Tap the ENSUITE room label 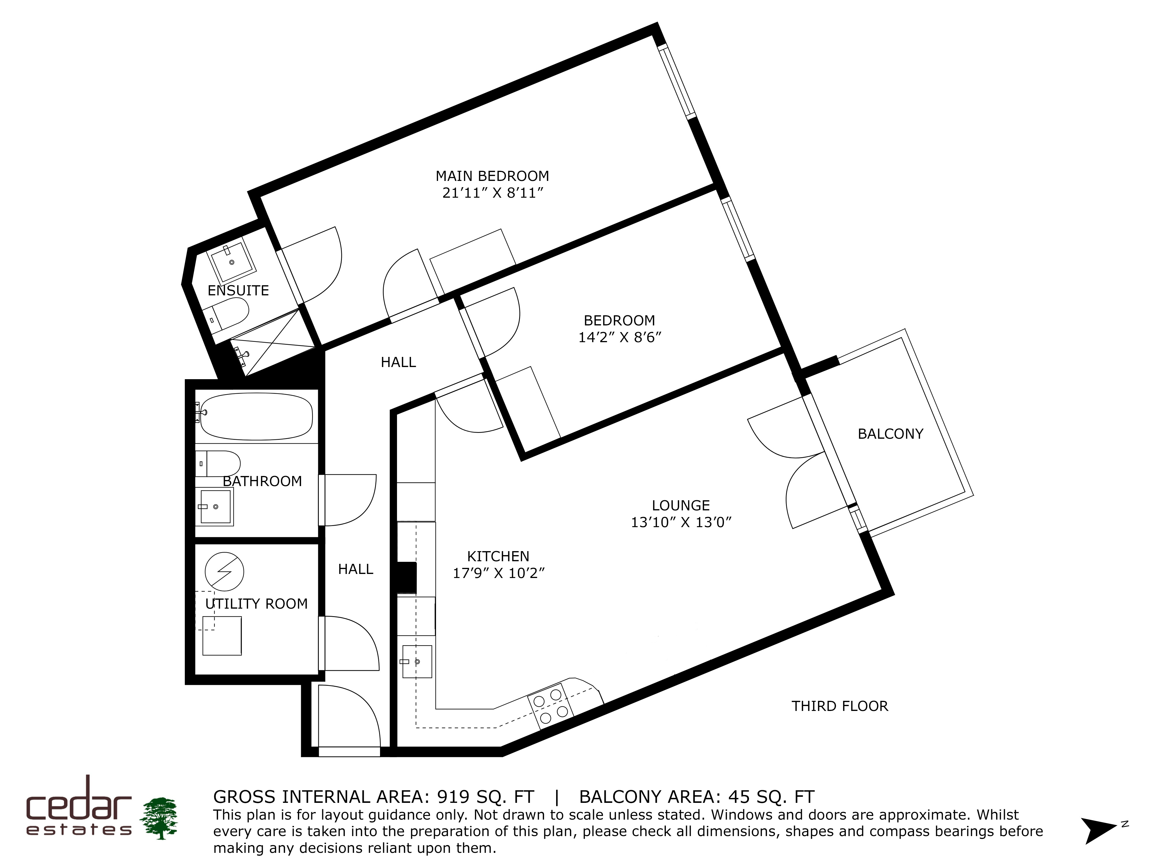pyautogui.click(x=238, y=290)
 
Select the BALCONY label pyautogui.click(x=890, y=434)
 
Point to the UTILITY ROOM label pyautogui.click(x=256, y=604)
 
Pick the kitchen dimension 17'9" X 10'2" pyautogui.click(x=499, y=573)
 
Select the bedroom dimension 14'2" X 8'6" pyautogui.click(x=620, y=337)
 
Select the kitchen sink pyautogui.click(x=417, y=661)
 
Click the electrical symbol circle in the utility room pyautogui.click(x=224, y=571)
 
